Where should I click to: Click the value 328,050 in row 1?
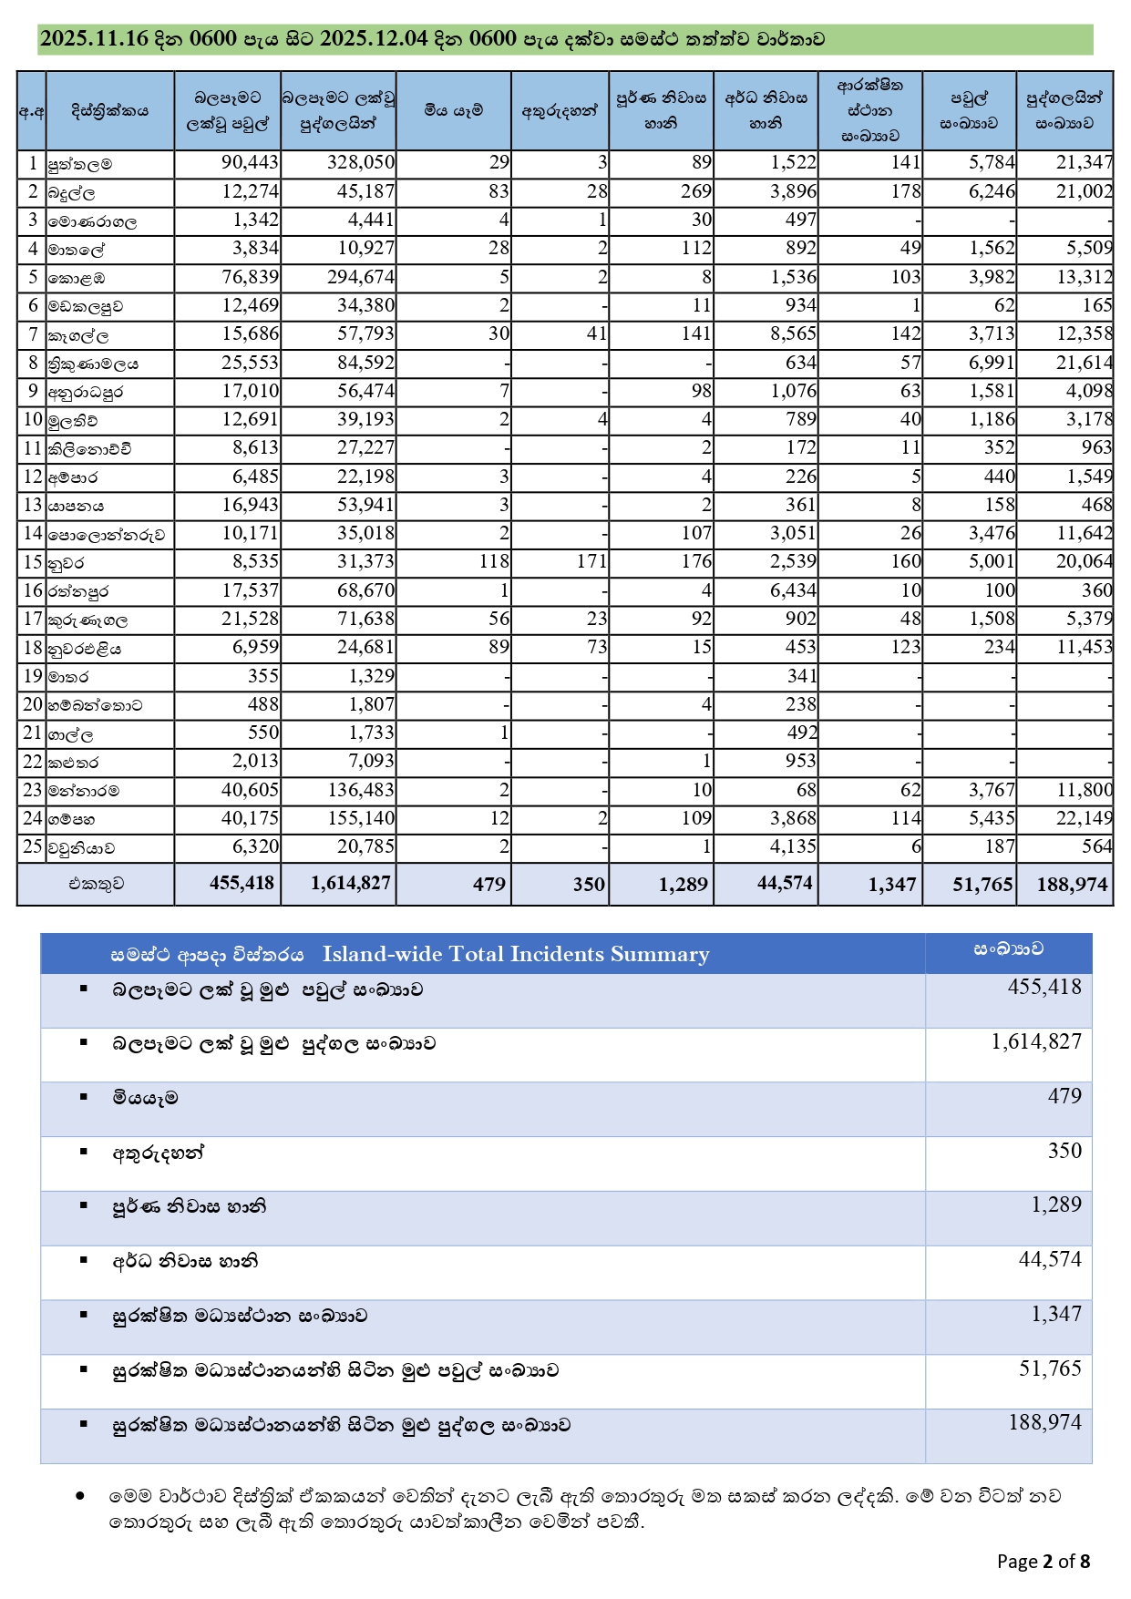361,163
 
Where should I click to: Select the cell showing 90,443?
250,163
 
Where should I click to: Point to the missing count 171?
591,561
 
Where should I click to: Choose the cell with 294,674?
361,277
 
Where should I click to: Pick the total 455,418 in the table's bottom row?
242,883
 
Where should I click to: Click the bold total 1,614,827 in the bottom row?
350,883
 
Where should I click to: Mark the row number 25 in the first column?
33,846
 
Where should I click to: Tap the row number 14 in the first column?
33,533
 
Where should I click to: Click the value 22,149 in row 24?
1084,818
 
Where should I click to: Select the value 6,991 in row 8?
992,363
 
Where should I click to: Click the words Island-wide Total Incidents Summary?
516,954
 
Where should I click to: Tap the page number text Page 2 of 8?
1044,1562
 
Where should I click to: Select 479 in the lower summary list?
1064,1096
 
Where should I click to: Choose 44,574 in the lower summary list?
1050,1259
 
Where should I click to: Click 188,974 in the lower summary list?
1044,1422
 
